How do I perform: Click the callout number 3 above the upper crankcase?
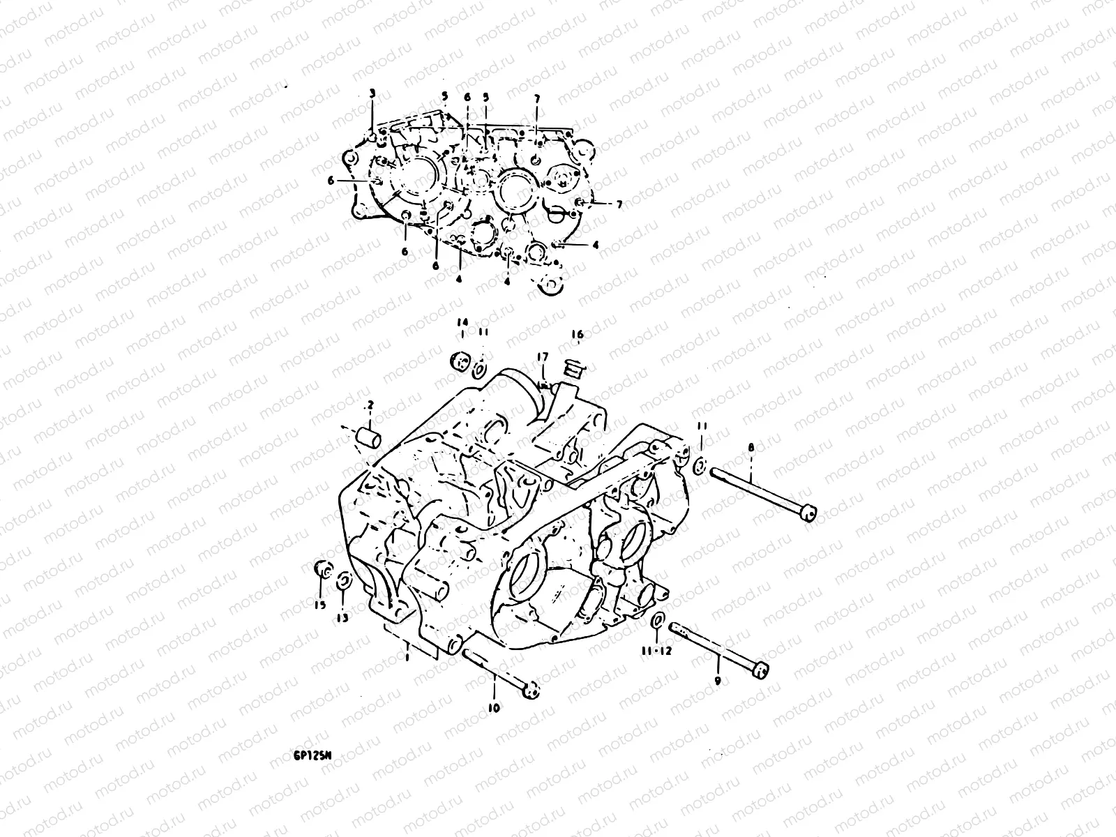point(372,93)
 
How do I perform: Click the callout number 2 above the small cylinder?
point(370,405)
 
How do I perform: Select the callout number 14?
point(461,322)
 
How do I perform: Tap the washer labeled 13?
point(343,581)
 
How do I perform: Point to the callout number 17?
point(542,357)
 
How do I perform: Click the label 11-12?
point(656,650)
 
